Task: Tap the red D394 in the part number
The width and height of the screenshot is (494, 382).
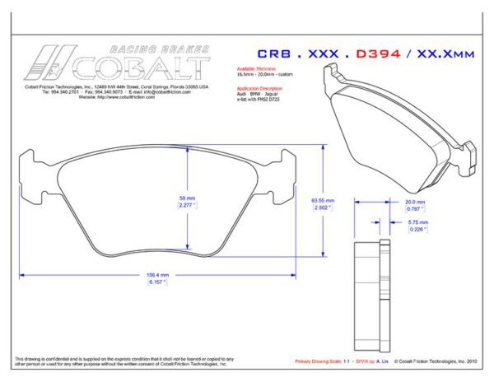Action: pyautogui.click(x=379, y=54)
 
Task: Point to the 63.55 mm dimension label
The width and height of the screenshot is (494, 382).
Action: pyautogui.click(x=322, y=200)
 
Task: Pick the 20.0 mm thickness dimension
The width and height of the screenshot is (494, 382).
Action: pyautogui.click(x=414, y=201)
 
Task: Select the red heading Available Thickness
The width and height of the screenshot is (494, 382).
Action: pyautogui.click(x=255, y=69)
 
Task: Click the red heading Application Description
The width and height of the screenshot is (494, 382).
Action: pyautogui.click(x=259, y=86)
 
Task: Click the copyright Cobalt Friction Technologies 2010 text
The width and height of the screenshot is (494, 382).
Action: pyautogui.click(x=435, y=361)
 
